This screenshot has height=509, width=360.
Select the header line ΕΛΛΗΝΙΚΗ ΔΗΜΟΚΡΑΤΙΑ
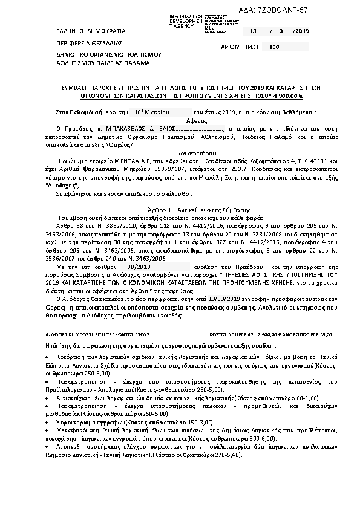[65, 30]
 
